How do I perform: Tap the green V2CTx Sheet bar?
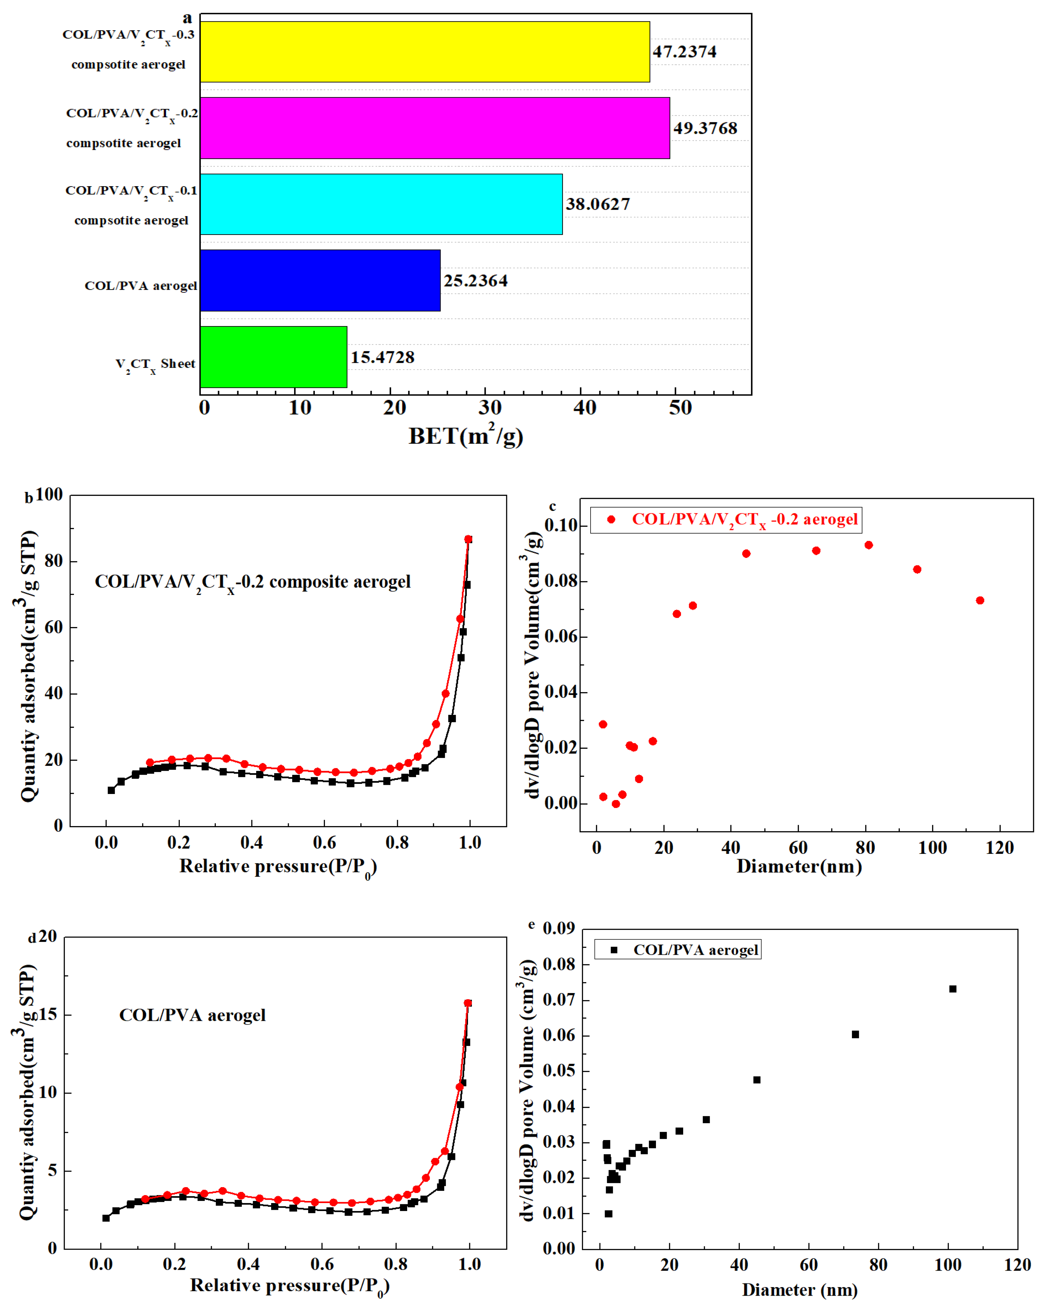coord(273,357)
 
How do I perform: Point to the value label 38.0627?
coord(598,204)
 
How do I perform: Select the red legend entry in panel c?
coord(725,519)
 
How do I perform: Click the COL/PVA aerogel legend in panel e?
coord(678,949)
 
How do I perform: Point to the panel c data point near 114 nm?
coord(980,600)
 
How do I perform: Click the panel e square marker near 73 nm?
coord(855,1034)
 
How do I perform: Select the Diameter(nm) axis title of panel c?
coord(799,866)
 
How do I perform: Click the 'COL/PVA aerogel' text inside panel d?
coord(192,1015)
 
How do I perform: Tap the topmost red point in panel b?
coord(468,540)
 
